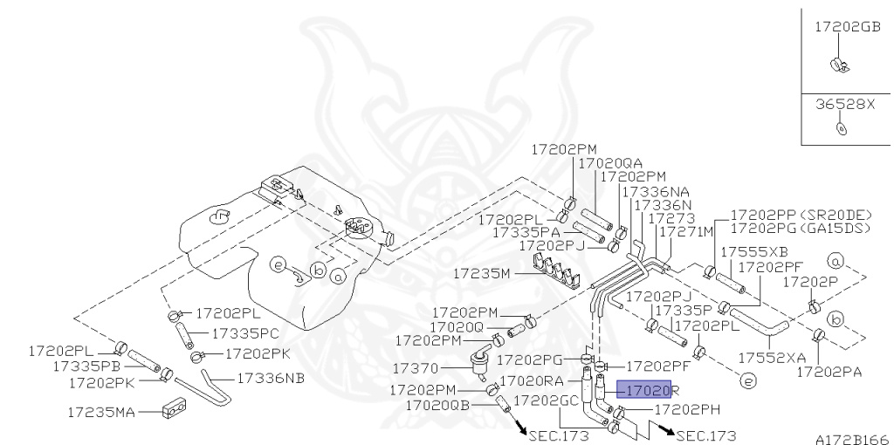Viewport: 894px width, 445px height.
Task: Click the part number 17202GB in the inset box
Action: tap(847, 27)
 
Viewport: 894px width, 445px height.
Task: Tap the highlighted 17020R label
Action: tap(648, 392)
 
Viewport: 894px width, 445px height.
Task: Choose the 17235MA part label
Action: tap(100, 410)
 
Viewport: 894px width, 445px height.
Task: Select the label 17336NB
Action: tap(246, 378)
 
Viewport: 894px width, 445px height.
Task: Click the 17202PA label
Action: tap(829, 373)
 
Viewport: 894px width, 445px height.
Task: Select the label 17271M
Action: tap(685, 231)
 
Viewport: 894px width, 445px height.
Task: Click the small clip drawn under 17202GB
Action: tap(838, 64)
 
